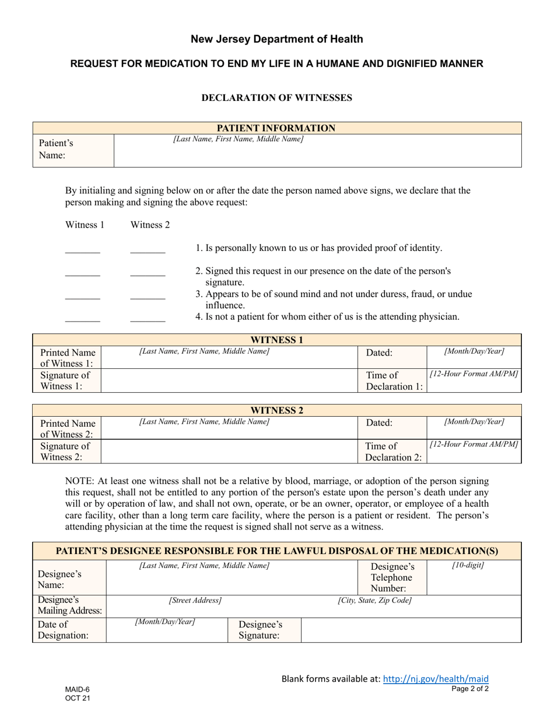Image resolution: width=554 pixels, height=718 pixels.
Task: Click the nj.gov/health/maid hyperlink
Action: pos(436,678)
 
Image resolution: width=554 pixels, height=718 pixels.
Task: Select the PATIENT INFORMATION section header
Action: pos(276,128)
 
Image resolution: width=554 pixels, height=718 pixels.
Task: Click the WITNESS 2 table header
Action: pos(276,410)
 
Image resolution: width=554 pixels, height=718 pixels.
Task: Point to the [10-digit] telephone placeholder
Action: pos(468,566)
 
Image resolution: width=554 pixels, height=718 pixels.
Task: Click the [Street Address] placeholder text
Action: pos(195,600)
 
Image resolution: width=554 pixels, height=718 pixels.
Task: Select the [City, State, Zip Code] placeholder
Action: pos(374,600)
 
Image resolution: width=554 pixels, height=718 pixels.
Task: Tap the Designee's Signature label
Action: pos(260,630)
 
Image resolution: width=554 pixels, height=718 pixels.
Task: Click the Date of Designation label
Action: pos(63,630)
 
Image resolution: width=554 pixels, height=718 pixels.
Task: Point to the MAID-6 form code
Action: pos(78,689)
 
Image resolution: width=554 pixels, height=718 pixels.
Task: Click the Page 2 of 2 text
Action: pos(470,689)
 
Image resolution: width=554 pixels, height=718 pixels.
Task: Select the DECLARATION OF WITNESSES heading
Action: pos(276,97)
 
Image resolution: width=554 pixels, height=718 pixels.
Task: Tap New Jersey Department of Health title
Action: pos(276,39)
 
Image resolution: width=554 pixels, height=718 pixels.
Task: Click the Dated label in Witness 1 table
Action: pos(379,353)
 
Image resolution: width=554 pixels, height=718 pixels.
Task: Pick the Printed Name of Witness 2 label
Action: pos(67,428)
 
